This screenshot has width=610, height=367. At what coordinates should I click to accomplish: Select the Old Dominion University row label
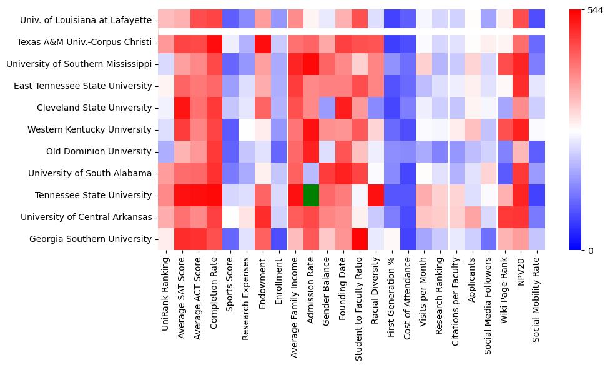coord(99,151)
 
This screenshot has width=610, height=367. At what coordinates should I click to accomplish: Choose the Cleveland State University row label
coord(94,108)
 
